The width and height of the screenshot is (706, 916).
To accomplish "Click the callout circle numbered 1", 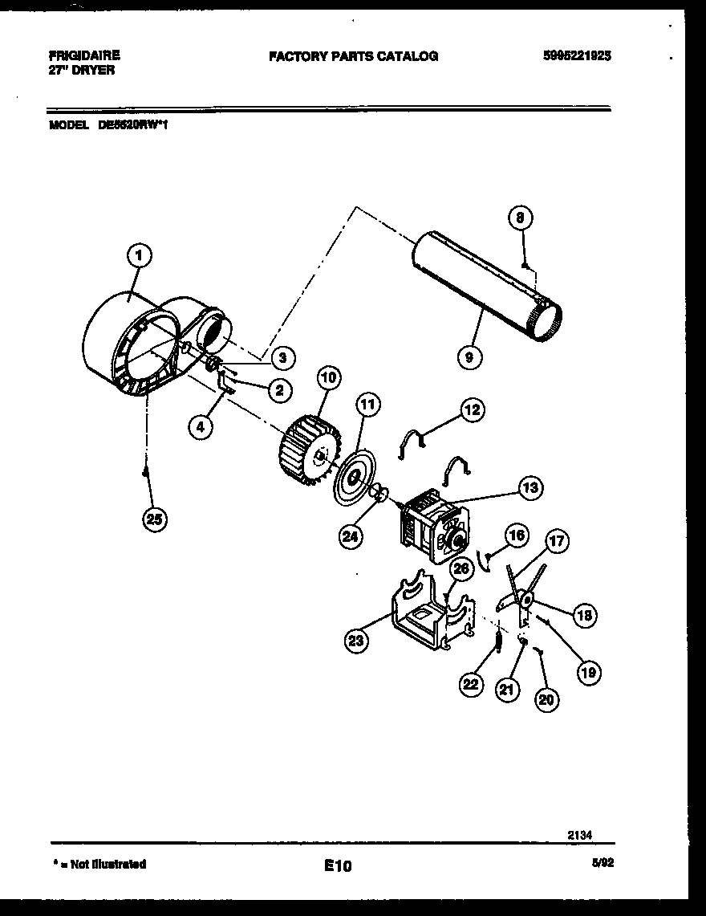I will pos(139,256).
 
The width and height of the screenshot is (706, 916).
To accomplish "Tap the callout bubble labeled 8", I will pos(521,218).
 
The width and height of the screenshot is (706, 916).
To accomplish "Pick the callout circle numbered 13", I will pos(530,487).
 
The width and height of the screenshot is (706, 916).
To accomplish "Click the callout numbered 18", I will pos(584,616).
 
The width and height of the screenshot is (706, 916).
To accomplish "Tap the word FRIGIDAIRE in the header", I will pos(84,55).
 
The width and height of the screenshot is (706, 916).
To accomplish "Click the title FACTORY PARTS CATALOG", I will pos(353,56).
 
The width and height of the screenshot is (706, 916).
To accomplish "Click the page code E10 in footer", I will pos(338,865).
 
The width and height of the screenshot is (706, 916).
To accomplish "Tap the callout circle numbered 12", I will pos(472,410).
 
